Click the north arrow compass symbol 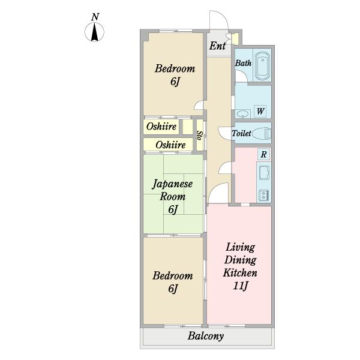[94, 32]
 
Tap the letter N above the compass [95, 17]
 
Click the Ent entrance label [217, 46]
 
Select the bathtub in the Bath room [262, 65]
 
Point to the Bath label [244, 63]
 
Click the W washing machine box [260, 111]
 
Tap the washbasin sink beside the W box [243, 114]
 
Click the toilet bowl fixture [262, 133]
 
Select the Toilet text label [241, 133]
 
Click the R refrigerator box [263, 154]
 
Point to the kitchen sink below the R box [264, 173]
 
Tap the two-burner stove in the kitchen [264, 196]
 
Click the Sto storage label [200, 136]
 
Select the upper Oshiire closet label [161, 127]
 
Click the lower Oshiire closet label [170, 145]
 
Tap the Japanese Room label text [172, 190]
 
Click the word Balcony [206, 336]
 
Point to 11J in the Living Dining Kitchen [241, 286]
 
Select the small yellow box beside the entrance [235, 39]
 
